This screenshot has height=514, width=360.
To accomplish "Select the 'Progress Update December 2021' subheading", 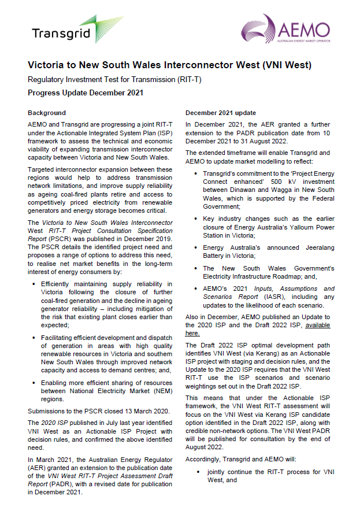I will coord(86,93).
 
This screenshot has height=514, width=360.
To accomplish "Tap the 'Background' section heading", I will coord(47,113).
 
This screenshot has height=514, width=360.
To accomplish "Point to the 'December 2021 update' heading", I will coord(220,113).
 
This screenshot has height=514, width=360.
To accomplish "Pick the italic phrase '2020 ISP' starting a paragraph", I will coord(50,423).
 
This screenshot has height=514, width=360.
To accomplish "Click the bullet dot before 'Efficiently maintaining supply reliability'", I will coord(35,284).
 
